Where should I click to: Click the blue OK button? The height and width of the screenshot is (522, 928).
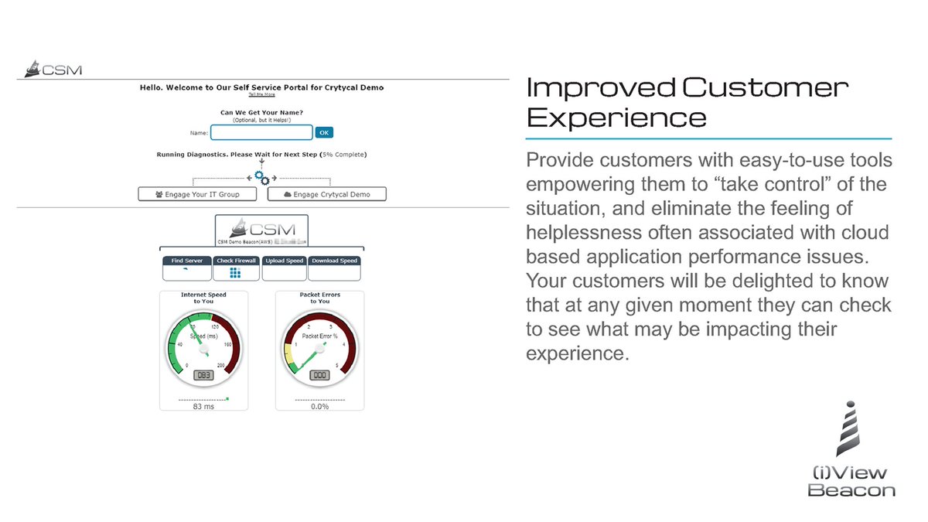point(324,132)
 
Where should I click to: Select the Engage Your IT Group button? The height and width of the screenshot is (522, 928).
point(198,194)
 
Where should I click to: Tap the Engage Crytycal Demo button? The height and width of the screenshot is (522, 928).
point(326,194)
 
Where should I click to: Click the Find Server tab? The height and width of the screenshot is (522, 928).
point(186,261)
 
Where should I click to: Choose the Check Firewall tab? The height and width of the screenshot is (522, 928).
point(236,261)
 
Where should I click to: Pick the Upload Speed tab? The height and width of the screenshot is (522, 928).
point(284,261)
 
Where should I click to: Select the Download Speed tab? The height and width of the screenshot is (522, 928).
point(334,261)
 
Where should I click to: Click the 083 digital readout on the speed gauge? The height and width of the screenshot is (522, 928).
point(203,375)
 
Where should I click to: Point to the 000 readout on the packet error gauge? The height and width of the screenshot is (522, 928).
point(319,375)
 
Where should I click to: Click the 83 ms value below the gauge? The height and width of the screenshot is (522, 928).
point(203,407)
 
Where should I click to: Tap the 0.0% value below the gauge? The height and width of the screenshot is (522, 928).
point(319,407)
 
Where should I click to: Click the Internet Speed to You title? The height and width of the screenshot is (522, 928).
point(203,298)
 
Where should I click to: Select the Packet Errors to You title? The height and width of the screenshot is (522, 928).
point(319,298)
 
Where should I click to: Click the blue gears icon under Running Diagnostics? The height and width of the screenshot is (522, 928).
point(262,177)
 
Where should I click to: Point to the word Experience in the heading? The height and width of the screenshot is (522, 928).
point(616,118)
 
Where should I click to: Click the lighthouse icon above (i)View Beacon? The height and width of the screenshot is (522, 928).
point(848,428)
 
